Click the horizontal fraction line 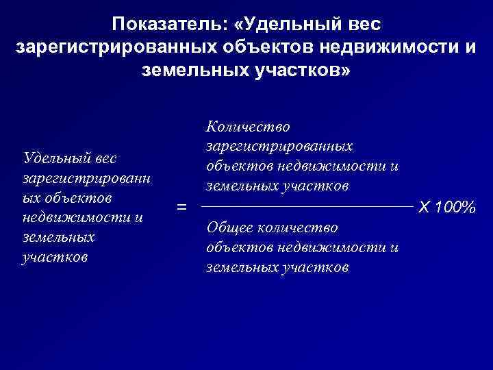(308, 205)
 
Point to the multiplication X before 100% (425, 206)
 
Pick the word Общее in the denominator (228, 227)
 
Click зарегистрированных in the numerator (279, 146)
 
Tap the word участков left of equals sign (54, 258)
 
